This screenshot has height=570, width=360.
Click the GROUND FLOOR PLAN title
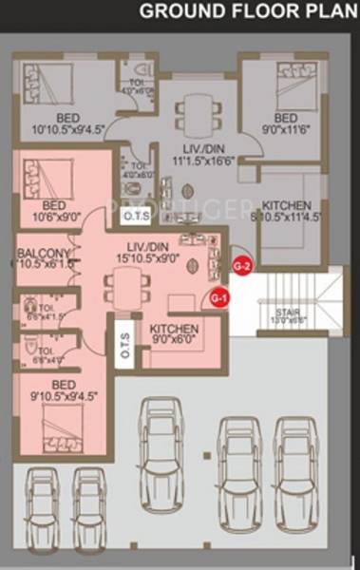click(248, 11)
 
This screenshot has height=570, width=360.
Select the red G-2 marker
click(242, 266)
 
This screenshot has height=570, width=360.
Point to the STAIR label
click(289, 314)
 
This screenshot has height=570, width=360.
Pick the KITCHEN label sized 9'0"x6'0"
click(173, 331)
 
